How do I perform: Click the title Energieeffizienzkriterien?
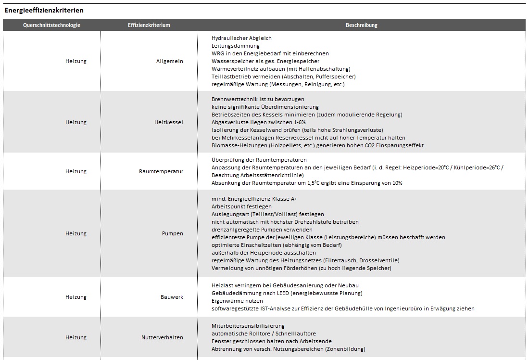point(44,10)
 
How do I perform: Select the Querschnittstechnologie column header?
point(51,25)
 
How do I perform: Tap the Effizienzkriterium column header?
point(149,25)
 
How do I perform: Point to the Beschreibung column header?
point(361,25)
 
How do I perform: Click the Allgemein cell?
point(169,61)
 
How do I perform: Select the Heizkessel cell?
point(168,122)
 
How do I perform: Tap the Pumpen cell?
point(172,233)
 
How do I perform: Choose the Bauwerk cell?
point(172,297)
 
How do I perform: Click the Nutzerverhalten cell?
point(162,337)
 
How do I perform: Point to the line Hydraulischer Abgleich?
point(241,38)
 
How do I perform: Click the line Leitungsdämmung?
point(235,46)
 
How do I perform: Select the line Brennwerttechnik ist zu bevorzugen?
point(258,99)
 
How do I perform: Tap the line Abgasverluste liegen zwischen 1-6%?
point(258,122)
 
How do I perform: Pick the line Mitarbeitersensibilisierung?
point(248,326)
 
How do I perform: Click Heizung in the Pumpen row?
point(76,233)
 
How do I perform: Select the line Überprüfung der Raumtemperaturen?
point(259,160)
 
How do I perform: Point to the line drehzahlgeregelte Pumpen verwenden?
point(262,230)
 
